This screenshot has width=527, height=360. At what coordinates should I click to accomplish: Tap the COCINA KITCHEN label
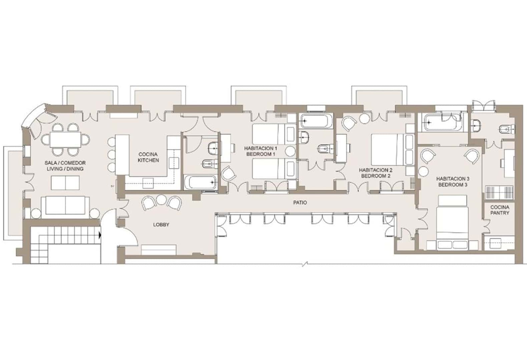point(148,157)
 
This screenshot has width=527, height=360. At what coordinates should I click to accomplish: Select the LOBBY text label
point(161,225)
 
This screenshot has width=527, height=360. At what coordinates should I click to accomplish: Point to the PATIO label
point(300,202)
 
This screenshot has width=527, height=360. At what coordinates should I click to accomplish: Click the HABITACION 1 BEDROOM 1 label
point(260,151)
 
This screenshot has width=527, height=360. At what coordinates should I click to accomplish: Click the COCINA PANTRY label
point(500,210)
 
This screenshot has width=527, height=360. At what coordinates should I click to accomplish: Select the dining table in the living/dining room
point(66,140)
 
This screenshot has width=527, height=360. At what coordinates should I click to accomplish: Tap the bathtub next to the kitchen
point(200,182)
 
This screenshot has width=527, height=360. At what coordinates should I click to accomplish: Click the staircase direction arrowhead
point(99,236)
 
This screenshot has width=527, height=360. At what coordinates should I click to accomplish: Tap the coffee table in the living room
point(65,183)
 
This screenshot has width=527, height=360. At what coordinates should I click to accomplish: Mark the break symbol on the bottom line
point(306,264)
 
